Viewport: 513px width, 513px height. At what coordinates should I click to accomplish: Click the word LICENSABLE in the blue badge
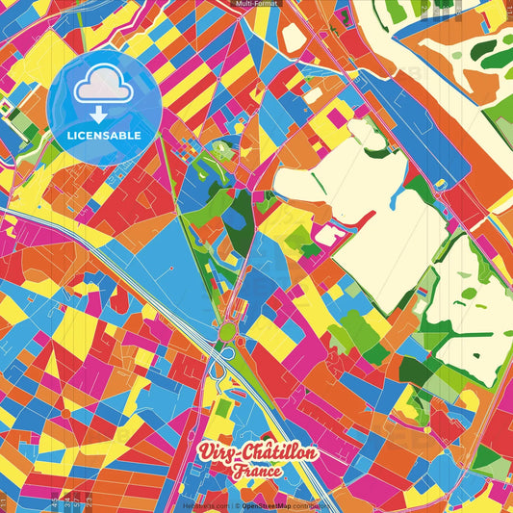tap(104, 136)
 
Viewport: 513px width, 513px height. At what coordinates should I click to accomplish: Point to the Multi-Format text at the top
tap(256, 4)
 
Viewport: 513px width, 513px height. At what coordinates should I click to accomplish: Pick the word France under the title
tap(255, 474)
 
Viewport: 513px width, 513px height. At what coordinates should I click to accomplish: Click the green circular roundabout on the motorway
tap(228, 333)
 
